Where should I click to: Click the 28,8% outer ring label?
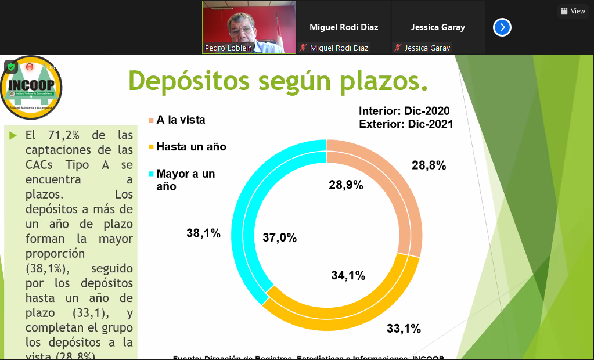[429, 165]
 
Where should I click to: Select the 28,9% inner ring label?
[345, 185]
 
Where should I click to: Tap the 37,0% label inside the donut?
[279, 237]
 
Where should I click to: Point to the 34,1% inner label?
[348, 276]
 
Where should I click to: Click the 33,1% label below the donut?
[404, 329]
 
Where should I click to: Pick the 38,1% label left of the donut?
[203, 233]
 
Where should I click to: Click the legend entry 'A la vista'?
[181, 120]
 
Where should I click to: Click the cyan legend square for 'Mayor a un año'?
[152, 174]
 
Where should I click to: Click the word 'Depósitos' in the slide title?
[188, 80]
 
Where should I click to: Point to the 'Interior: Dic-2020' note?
[404, 111]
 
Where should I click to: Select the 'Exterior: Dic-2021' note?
[405, 124]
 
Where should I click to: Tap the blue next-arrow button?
[502, 27]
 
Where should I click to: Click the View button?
[573, 11]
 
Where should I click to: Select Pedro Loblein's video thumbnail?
[249, 27]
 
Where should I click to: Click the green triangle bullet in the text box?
[13, 136]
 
